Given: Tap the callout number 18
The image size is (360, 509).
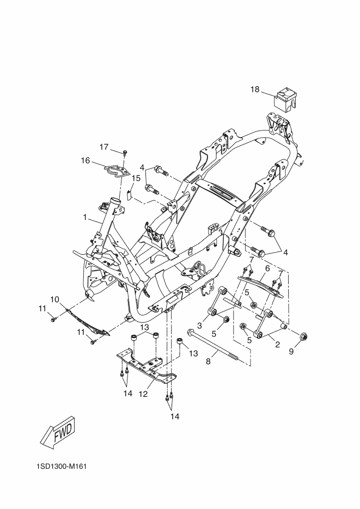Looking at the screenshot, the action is (255, 89).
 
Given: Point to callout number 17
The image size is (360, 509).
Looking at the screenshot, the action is (104, 147).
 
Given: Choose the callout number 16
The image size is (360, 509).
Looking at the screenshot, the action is (86, 161).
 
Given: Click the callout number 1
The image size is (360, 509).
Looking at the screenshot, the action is (85, 217).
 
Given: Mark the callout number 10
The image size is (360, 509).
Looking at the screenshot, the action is (55, 299).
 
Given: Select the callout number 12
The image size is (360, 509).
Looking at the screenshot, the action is (143, 394).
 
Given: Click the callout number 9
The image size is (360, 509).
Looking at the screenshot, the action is (291, 351).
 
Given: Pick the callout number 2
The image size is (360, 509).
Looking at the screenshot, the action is (277, 345).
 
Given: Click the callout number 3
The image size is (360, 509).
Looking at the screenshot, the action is (200, 325).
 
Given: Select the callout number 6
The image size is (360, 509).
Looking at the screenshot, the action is (267, 268).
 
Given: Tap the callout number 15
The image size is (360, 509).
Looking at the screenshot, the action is (136, 178).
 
